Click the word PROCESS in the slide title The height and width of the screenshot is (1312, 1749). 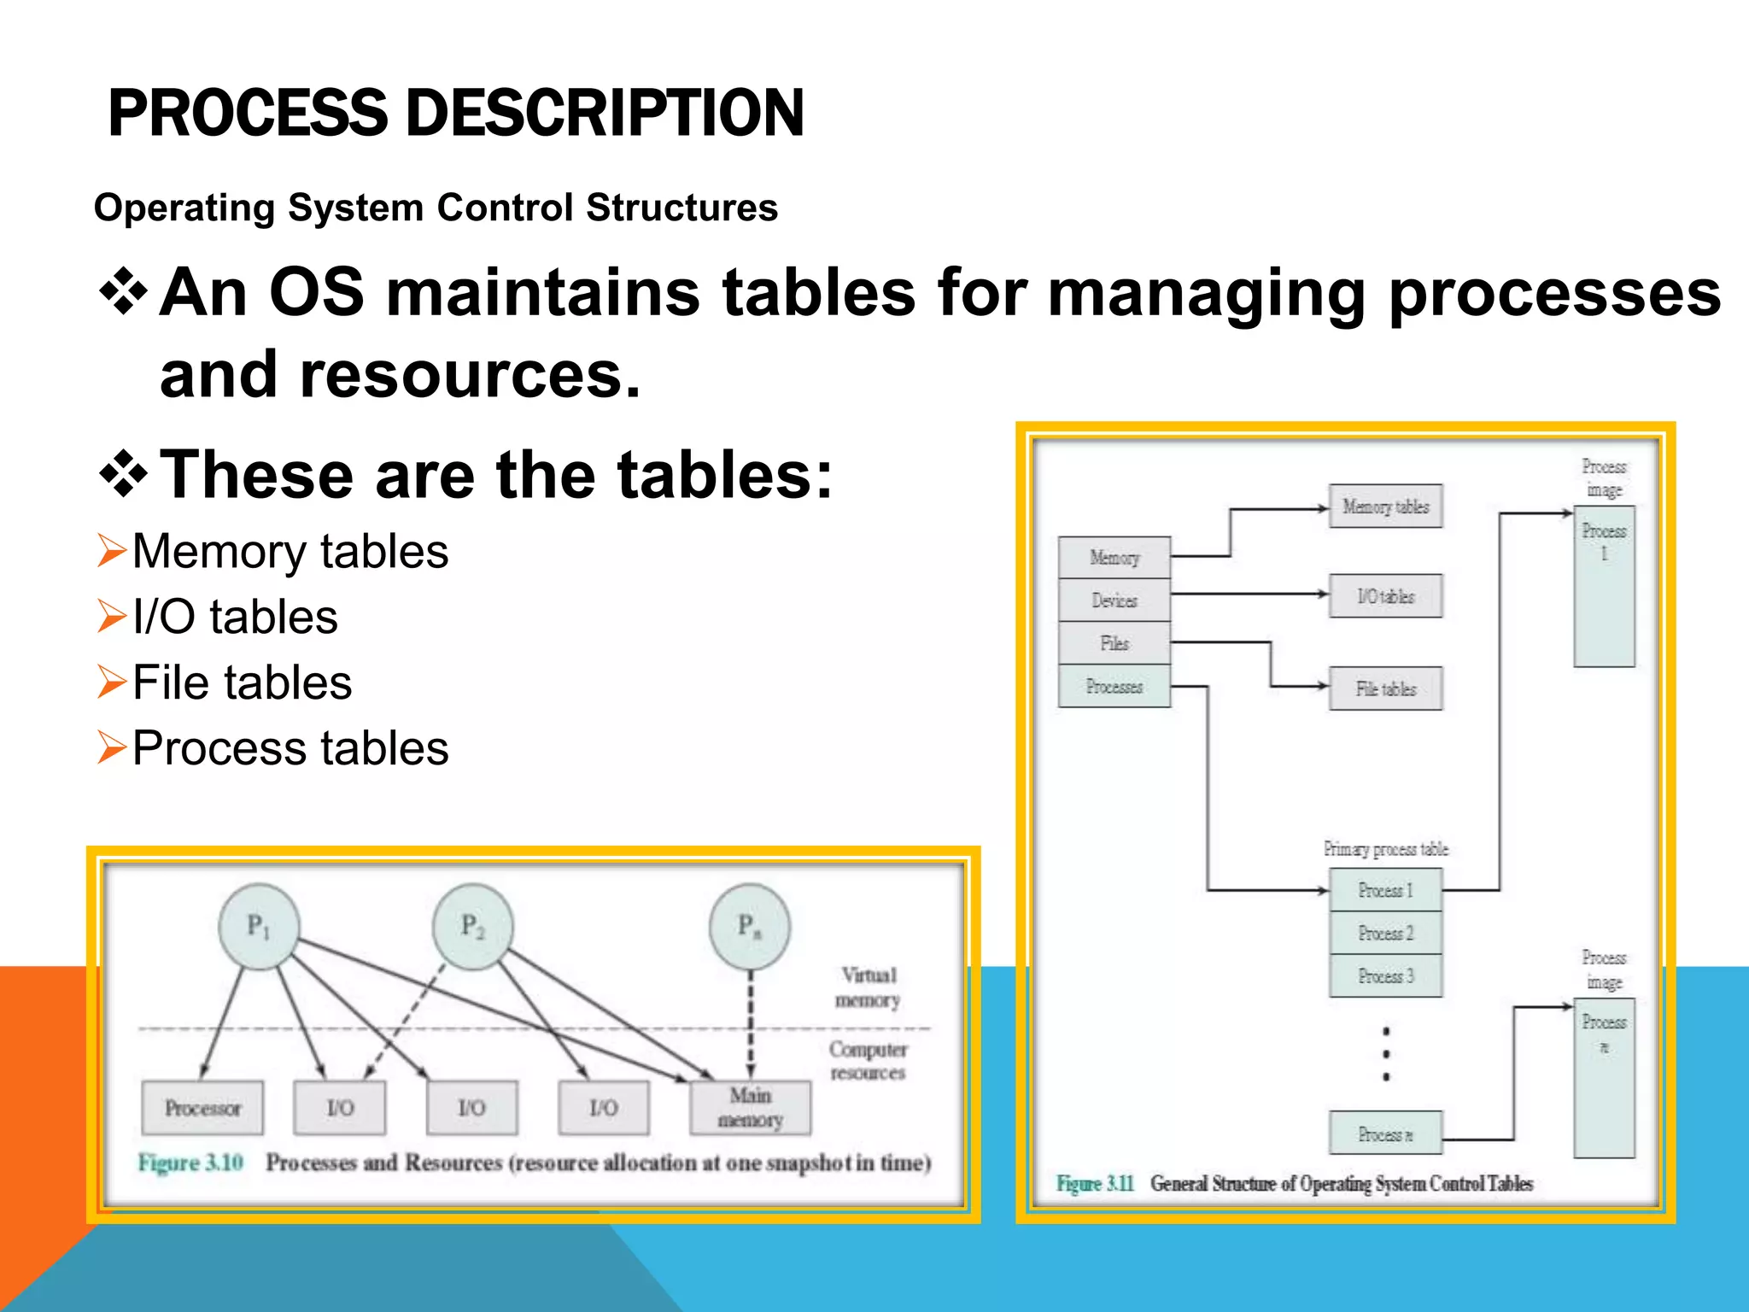(x=248, y=114)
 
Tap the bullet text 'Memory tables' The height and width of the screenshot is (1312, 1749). (x=290, y=552)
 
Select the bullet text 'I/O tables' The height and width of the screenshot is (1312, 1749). (x=235, y=617)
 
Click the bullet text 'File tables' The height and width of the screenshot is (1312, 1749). (x=242, y=682)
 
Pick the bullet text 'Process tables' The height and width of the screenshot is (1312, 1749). (x=290, y=748)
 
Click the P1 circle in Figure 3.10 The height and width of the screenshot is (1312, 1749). (x=259, y=927)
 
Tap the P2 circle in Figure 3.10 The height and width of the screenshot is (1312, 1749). (x=473, y=927)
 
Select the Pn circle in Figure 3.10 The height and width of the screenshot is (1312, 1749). (x=750, y=927)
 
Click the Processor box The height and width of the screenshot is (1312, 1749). (x=203, y=1108)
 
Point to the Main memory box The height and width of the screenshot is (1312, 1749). (x=750, y=1108)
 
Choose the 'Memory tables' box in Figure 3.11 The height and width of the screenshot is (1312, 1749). (x=1385, y=507)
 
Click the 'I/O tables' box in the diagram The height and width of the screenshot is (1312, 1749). (x=1385, y=596)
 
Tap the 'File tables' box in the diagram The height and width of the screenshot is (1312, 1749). (x=1385, y=688)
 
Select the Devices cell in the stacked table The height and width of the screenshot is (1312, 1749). (x=1114, y=600)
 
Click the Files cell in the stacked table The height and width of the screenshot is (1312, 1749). (x=1114, y=643)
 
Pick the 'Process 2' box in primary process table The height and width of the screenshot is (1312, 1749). (x=1385, y=933)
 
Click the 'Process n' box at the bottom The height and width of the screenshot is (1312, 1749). (x=1385, y=1134)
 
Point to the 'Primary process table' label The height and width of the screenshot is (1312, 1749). (x=1385, y=849)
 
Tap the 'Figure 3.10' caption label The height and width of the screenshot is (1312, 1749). (x=190, y=1163)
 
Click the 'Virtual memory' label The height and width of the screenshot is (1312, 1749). (x=869, y=987)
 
